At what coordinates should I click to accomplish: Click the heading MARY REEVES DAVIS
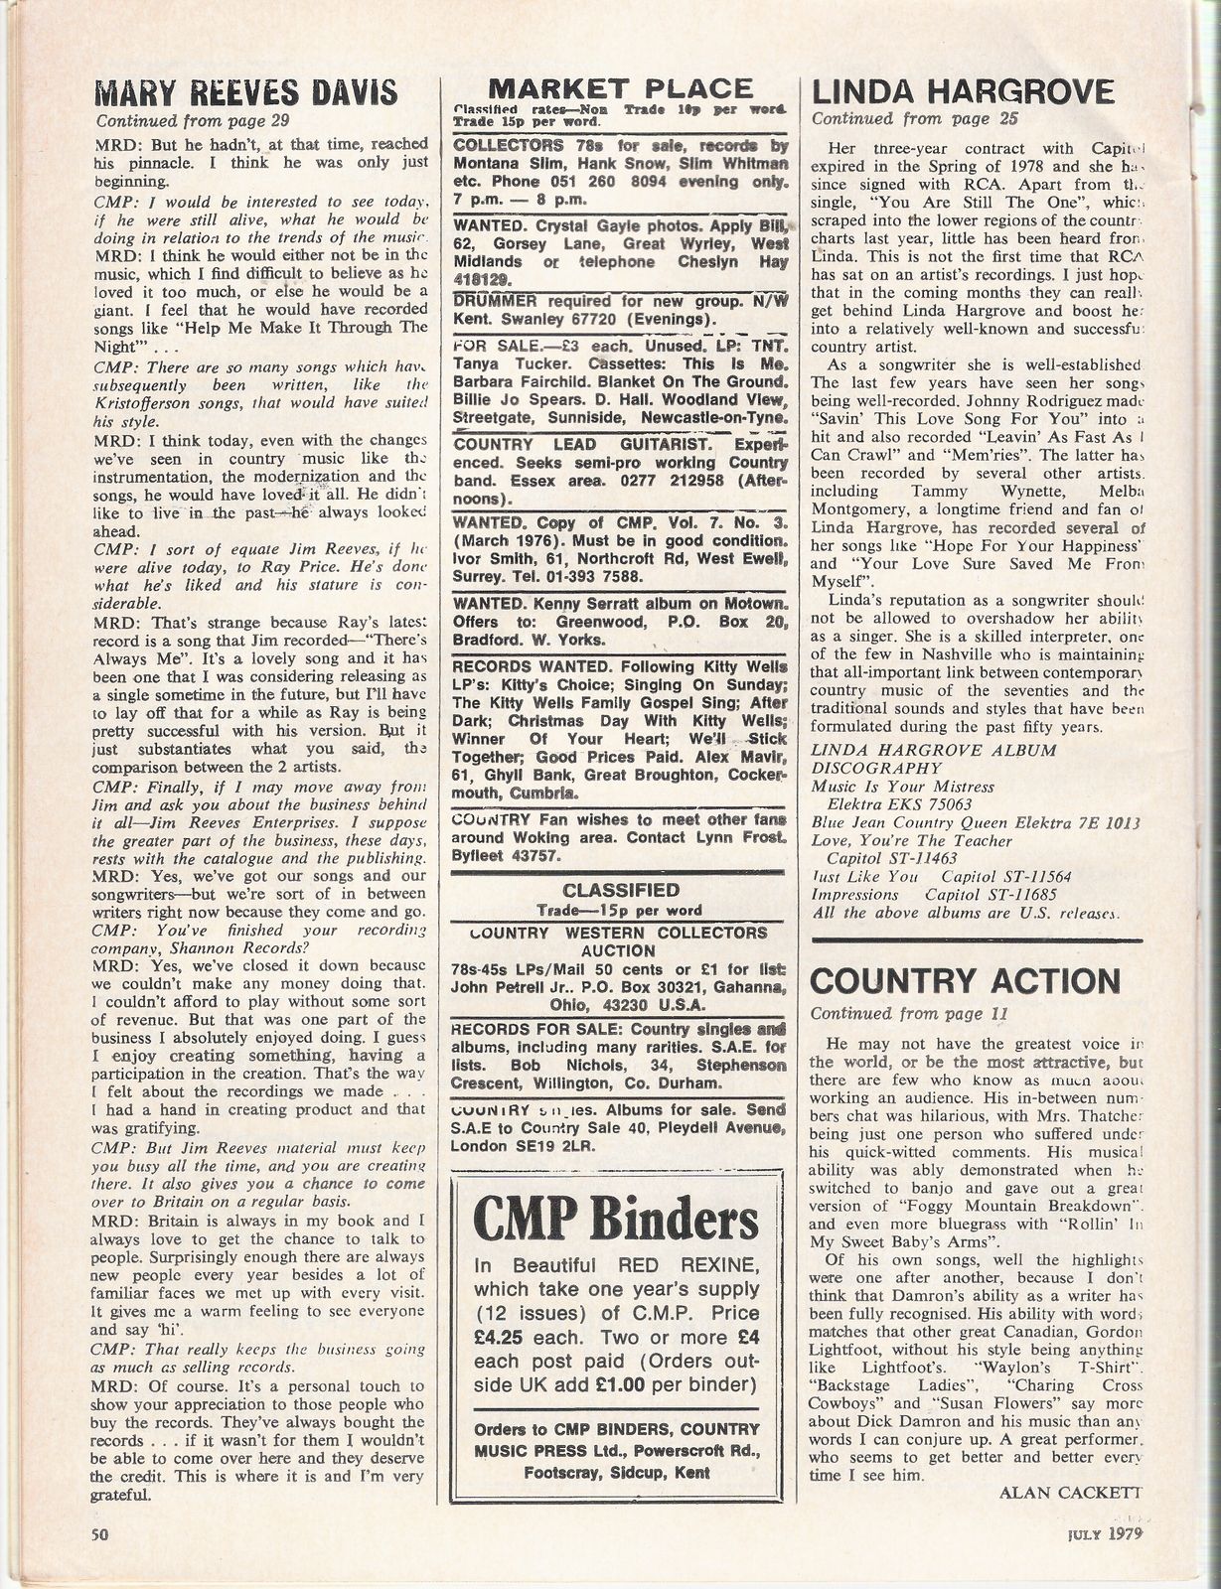tap(245, 93)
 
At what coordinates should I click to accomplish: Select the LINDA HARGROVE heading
tap(963, 91)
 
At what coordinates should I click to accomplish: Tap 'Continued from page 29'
tap(192, 121)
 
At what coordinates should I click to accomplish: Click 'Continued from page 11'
tap(909, 1014)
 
